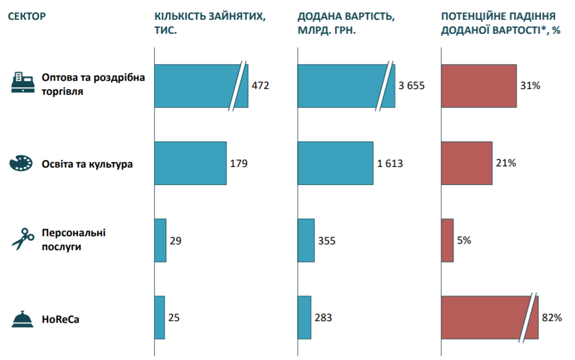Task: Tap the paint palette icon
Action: (x=22, y=163)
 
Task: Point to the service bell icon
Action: (x=22, y=318)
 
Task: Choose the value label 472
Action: (x=260, y=86)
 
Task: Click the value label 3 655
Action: (x=412, y=86)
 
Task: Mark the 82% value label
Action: (x=552, y=318)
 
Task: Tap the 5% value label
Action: (x=464, y=241)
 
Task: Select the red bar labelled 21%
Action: (x=467, y=163)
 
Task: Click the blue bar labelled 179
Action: (x=190, y=163)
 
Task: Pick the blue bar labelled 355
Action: (x=306, y=241)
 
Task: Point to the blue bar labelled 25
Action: (x=159, y=318)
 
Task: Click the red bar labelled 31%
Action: (x=479, y=86)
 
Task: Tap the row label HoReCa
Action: (x=60, y=319)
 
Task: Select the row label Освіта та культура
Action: (x=87, y=164)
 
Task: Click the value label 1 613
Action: (x=390, y=163)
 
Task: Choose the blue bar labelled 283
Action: (x=304, y=318)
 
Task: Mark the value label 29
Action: (x=176, y=241)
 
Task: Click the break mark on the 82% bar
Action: (x=528, y=318)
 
